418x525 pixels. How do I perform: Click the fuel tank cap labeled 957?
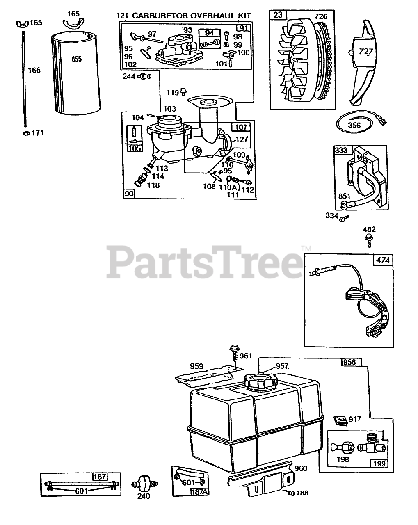coord(260,382)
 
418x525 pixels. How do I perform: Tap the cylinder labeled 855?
coord(77,74)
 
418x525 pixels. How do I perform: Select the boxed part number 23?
coord(278,16)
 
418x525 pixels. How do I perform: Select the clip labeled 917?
coord(340,419)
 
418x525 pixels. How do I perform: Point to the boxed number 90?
coord(129,194)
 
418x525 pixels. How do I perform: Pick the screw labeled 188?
coord(292,493)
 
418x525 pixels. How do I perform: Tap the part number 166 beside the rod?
coord(34,70)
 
